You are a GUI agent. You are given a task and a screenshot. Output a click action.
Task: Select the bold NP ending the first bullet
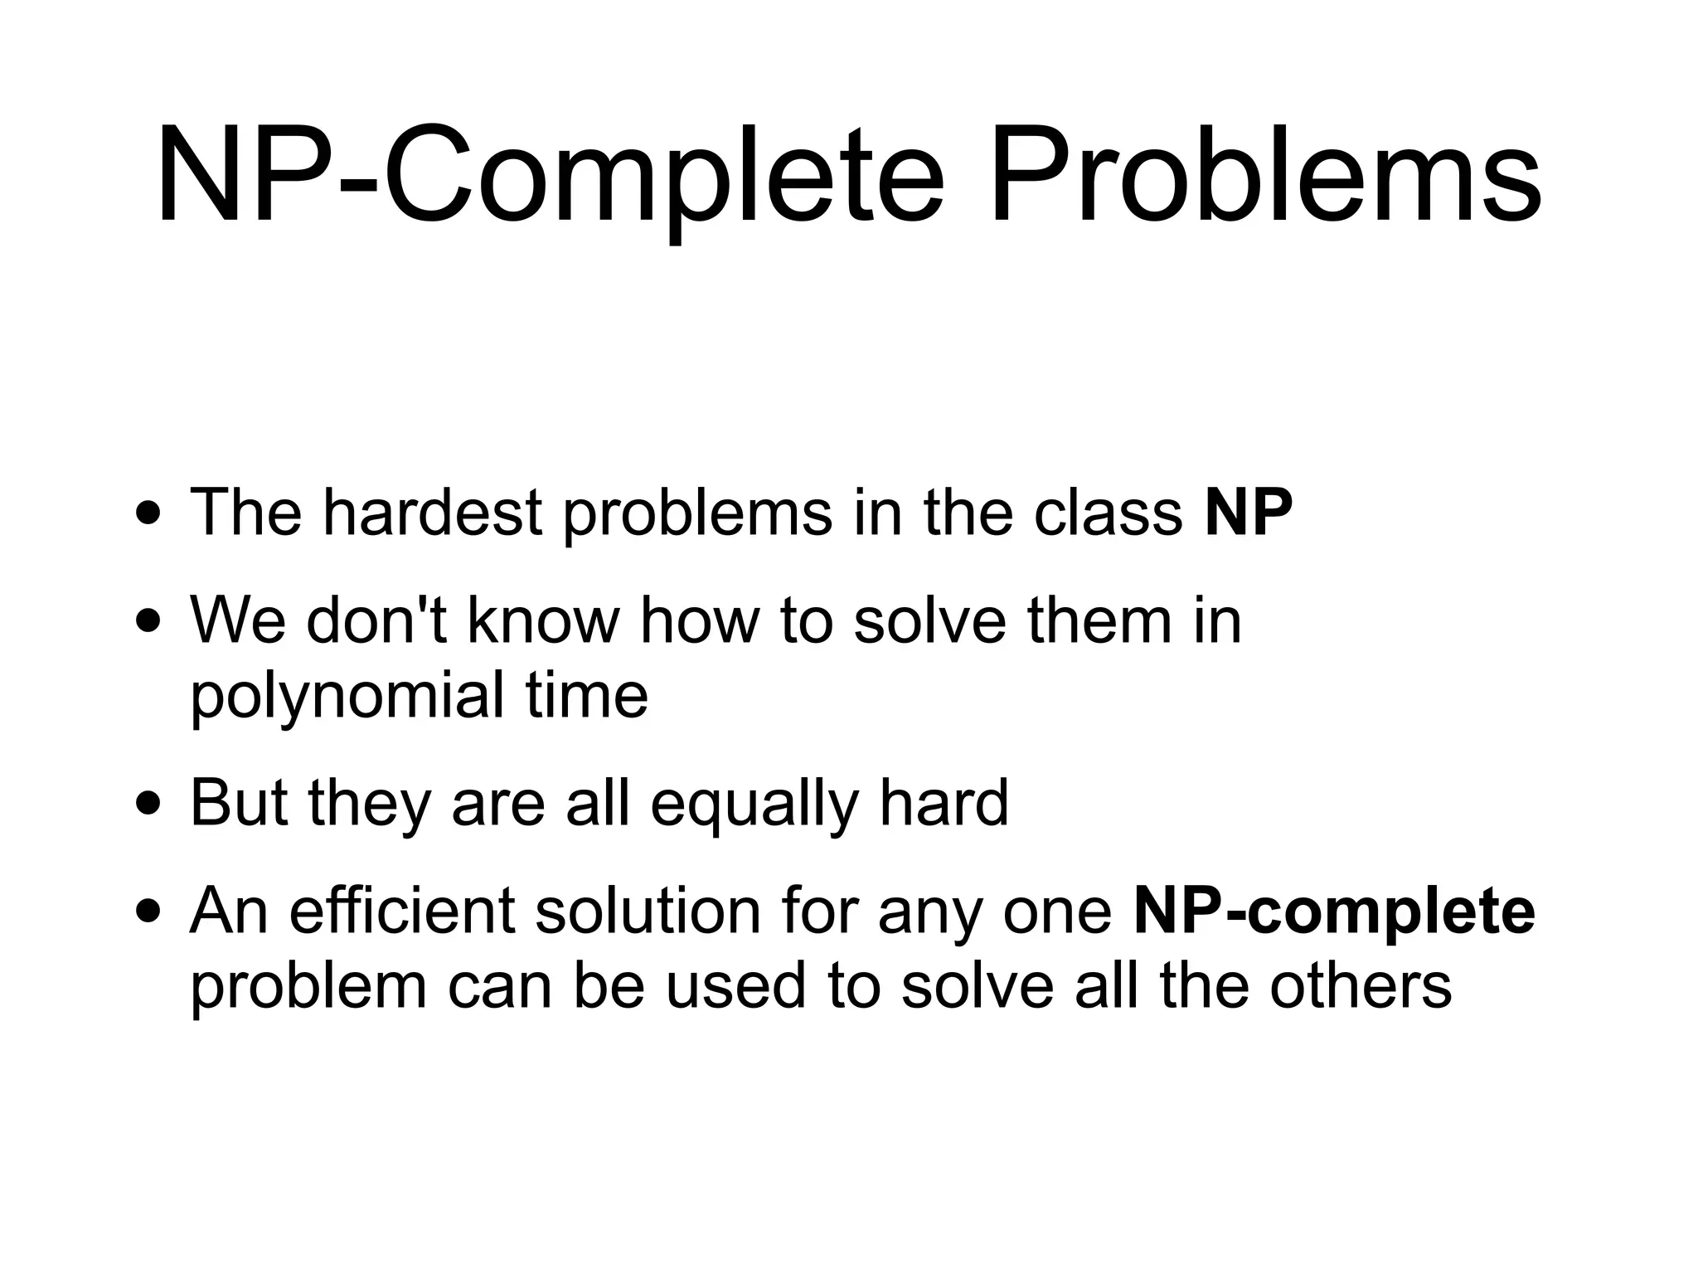tap(1248, 512)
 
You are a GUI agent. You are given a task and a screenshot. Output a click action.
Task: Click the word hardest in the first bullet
tap(432, 512)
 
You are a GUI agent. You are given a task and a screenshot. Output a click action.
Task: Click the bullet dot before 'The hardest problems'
tap(149, 513)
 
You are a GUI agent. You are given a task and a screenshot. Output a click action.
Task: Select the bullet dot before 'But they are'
tap(149, 804)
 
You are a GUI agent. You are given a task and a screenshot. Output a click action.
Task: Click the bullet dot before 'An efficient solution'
tap(149, 912)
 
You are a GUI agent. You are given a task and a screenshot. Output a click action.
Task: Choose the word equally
tap(754, 804)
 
